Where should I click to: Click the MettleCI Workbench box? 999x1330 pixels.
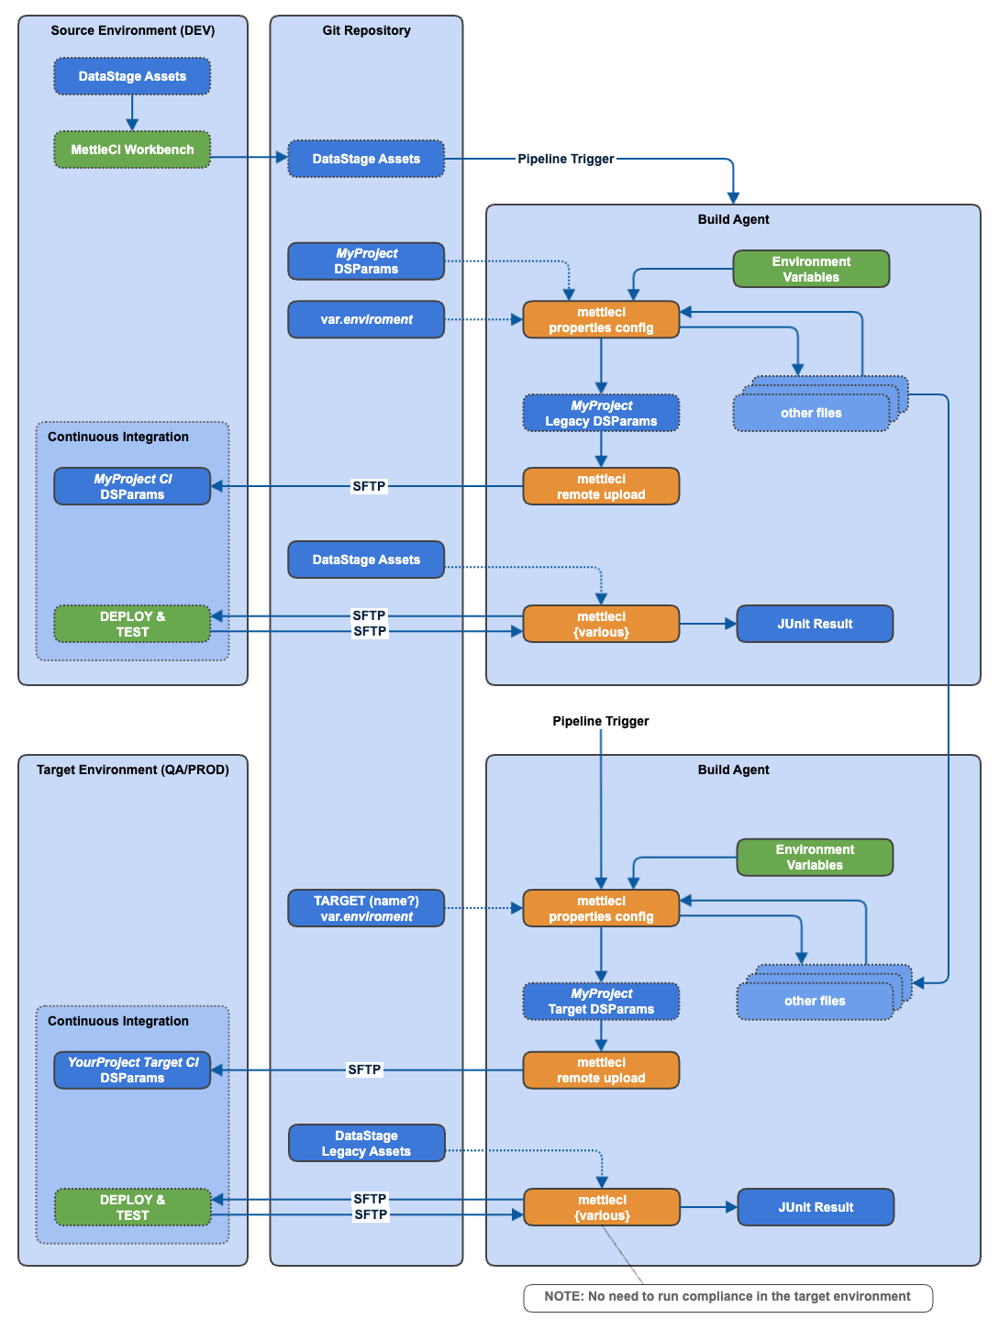132,150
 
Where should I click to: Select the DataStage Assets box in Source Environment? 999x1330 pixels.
132,76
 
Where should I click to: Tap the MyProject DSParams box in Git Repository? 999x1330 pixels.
366,261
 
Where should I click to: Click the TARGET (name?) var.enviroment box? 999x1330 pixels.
366,908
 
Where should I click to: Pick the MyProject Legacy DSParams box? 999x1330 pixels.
601,413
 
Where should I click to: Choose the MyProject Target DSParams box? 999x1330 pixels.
601,1001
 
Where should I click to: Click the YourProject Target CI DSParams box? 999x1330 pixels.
132,1070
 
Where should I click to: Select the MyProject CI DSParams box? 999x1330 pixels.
132,486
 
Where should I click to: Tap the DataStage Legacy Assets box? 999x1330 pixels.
366,1143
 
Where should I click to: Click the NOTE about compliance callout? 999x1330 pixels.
727,1297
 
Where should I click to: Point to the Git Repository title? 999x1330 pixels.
366,30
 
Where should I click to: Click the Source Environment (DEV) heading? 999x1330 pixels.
132,30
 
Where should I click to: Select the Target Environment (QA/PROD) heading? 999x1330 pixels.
132,770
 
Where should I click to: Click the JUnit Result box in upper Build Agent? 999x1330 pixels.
815,624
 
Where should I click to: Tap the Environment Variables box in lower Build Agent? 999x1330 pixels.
815,858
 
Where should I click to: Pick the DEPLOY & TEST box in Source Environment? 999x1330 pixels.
132,624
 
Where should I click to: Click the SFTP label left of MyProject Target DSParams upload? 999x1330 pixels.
364,1070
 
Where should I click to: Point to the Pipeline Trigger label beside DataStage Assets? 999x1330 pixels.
565,159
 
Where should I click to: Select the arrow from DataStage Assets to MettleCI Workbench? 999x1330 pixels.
132,113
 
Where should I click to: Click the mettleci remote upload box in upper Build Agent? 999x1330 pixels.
601,486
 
